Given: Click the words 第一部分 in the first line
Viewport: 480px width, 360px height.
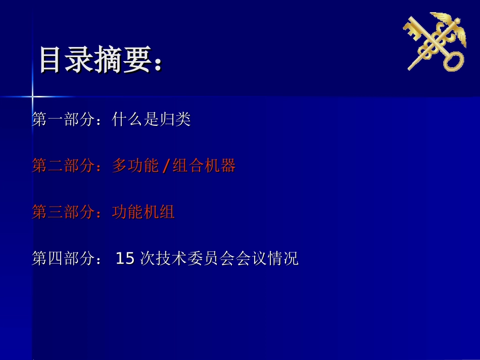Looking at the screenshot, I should (x=63, y=120).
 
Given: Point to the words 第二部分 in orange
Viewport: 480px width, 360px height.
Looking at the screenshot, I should (x=63, y=166).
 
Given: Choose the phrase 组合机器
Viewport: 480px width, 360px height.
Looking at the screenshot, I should (x=204, y=166).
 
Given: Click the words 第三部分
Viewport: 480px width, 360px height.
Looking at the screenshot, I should (x=63, y=212).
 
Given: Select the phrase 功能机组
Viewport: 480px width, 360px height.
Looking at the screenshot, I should (x=143, y=212).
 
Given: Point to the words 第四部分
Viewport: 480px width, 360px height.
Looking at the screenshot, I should (x=63, y=259).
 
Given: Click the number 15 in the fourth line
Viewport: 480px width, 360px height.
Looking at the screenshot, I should (x=125, y=259).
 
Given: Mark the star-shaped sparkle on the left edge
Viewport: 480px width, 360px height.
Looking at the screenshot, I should (x=32, y=96).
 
